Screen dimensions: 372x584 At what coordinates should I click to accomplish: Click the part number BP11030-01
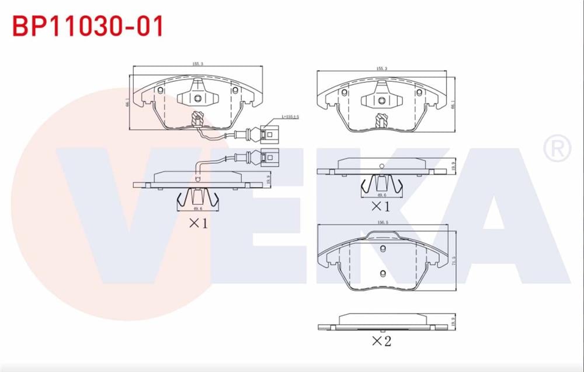click(88, 26)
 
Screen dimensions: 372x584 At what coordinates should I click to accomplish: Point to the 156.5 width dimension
click(383, 222)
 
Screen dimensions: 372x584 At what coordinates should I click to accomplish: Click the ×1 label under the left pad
click(197, 222)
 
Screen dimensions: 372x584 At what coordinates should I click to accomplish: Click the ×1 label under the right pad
click(380, 206)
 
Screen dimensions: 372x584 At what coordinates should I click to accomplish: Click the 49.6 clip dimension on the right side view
click(381, 196)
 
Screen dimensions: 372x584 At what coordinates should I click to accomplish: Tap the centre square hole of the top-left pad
click(198, 98)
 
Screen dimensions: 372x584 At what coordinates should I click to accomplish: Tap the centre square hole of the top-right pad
click(381, 100)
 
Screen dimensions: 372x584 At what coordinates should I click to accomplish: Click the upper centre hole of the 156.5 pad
click(383, 250)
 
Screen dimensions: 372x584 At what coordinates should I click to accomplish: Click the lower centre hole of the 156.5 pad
click(383, 273)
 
